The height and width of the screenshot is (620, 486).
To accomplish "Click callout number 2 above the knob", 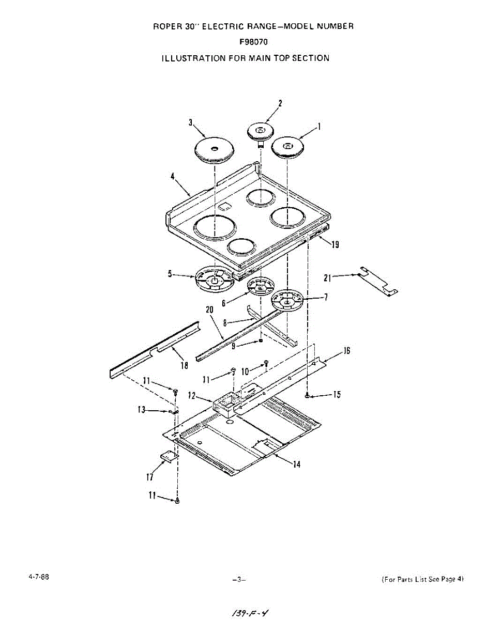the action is click(x=280, y=103).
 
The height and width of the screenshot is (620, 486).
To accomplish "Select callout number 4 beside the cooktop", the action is click(x=172, y=176).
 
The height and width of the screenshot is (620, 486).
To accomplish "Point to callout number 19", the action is click(x=335, y=245).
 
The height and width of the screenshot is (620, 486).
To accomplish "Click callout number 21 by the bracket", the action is click(x=327, y=277).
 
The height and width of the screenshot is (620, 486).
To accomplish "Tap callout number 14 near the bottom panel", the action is click(x=296, y=464).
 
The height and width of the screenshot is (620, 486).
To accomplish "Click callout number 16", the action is click(x=346, y=351).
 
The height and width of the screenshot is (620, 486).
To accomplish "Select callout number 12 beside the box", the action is click(x=192, y=396).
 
